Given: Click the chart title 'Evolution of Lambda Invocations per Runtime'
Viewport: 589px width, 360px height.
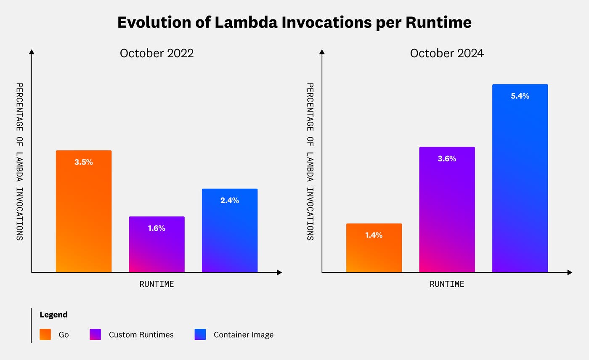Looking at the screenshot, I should (294, 22).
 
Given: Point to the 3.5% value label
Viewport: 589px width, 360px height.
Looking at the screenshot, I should (84, 162).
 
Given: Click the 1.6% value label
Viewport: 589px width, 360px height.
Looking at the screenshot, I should (157, 228).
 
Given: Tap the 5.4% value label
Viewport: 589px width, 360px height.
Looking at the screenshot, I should (520, 96).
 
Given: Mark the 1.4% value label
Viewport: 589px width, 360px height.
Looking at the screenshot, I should (374, 235).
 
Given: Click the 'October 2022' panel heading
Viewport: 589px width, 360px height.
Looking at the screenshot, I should (157, 53).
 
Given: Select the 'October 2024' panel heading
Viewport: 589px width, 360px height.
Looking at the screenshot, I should (447, 53).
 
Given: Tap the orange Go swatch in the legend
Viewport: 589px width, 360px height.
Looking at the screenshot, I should (45, 335).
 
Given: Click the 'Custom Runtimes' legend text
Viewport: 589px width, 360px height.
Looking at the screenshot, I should (141, 335).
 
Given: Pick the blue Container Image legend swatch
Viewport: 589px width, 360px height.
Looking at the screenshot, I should (200, 335).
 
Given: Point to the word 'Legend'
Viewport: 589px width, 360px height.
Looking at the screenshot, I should (53, 315).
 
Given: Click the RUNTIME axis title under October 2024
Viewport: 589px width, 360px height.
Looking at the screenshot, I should (447, 284).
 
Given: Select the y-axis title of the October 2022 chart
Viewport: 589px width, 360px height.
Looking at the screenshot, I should (19, 162).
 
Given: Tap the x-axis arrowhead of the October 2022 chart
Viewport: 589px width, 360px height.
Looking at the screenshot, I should (279, 272).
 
